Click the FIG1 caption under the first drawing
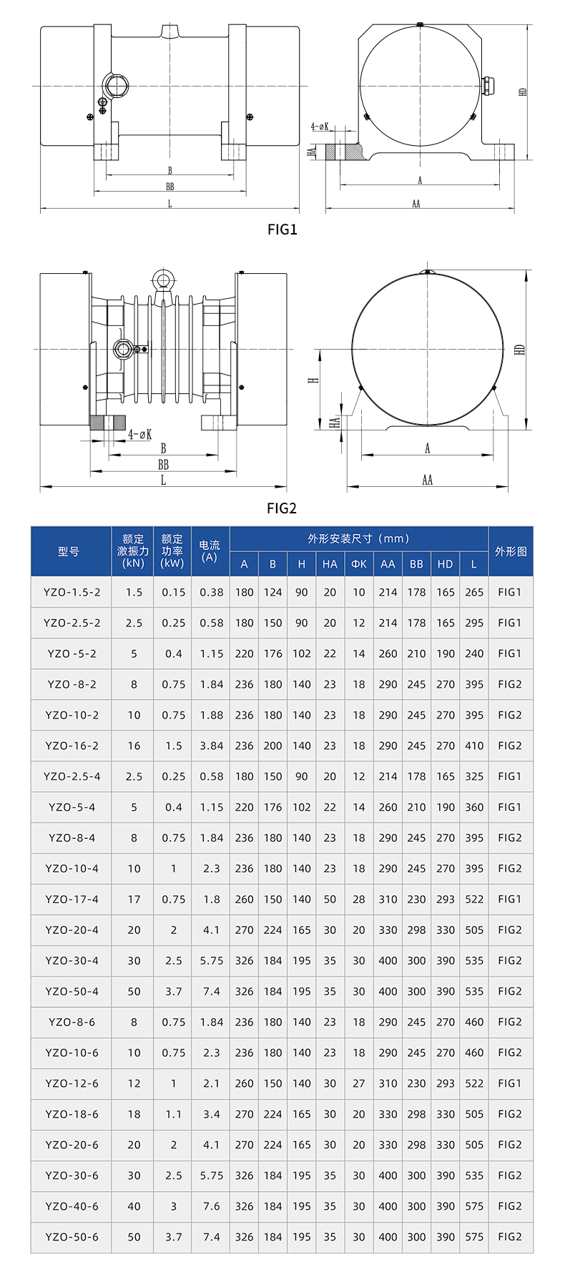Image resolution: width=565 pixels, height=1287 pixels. coord(282,230)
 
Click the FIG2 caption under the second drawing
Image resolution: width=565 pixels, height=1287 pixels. coord(282,508)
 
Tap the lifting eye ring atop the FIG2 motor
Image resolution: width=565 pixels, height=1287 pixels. coord(163,280)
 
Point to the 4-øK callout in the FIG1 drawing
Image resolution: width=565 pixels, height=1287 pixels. coord(320,127)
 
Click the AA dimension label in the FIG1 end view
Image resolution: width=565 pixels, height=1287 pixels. coord(416,204)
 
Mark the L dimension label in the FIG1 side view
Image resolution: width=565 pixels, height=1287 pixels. coord(169,204)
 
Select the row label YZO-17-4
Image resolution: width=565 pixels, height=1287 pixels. coord(72,899)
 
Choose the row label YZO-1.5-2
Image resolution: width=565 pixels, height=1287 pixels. coord(72,592)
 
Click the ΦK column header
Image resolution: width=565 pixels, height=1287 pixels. coord(359,564)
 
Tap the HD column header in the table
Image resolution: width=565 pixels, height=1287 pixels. coord(445,564)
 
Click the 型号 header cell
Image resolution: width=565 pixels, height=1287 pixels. coord(69,551)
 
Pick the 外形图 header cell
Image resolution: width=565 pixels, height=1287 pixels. coord(511,551)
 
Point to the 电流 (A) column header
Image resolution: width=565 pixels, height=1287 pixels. coord(210,551)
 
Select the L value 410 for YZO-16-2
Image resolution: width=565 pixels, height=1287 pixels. coord(474,746)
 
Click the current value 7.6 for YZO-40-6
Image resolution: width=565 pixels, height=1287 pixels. coord(212,1206)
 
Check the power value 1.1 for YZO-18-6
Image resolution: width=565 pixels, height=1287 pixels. coord(174,1114)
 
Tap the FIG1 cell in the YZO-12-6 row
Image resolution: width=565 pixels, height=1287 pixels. coord(510,1083)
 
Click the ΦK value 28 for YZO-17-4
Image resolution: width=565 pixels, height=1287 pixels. coord(359,899)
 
